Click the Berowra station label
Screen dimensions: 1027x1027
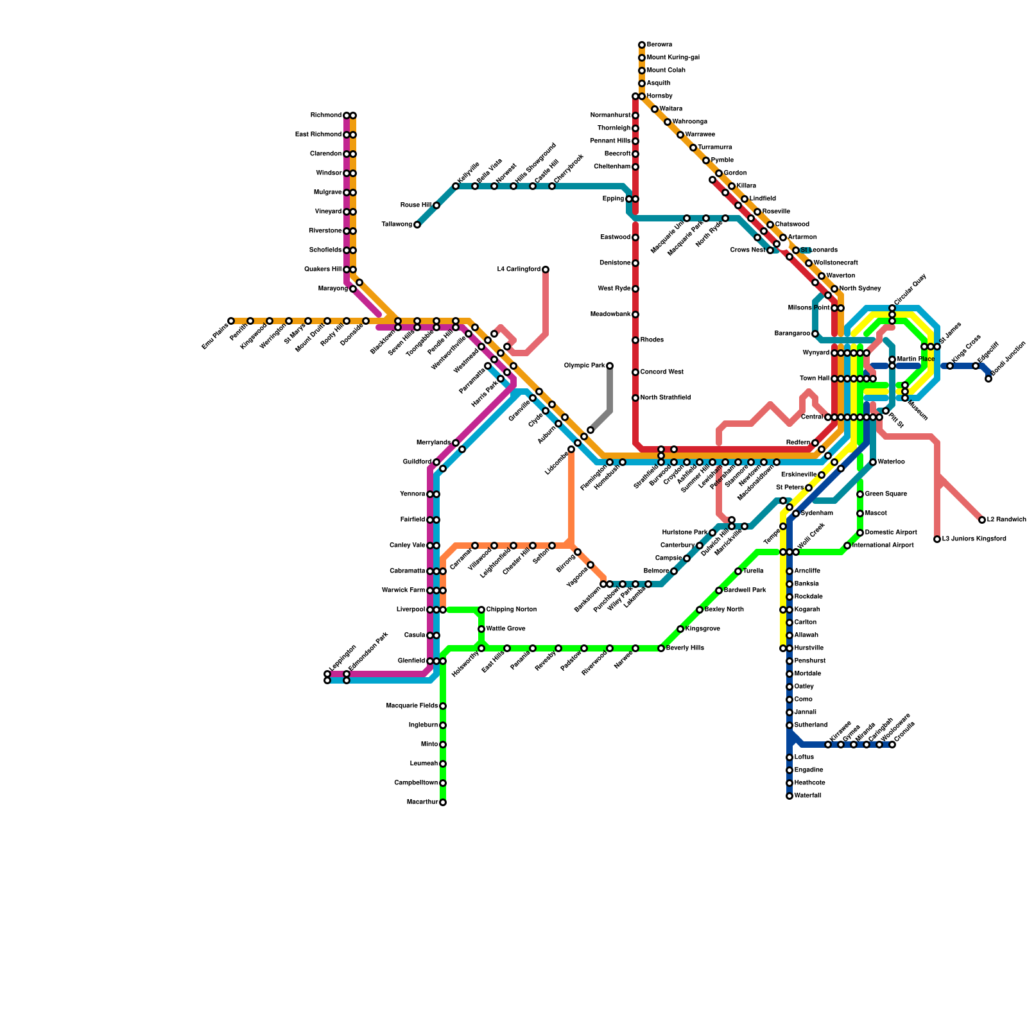click(659, 45)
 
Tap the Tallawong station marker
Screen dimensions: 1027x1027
click(417, 225)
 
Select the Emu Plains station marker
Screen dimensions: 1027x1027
click(231, 321)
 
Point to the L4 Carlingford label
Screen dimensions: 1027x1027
click(519, 270)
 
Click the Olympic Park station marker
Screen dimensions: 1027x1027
click(610, 366)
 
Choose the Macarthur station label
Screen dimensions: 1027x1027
click(422, 802)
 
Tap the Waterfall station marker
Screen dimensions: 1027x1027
click(790, 796)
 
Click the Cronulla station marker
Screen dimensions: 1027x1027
click(892, 745)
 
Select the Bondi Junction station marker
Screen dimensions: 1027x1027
click(988, 379)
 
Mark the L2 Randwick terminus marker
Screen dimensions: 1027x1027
click(982, 520)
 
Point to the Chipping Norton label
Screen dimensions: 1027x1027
click(511, 610)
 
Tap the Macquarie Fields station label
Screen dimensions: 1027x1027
click(412, 706)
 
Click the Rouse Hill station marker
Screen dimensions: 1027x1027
click(436, 205)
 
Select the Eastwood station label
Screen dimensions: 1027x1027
click(615, 237)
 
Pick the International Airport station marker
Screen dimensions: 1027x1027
click(847, 546)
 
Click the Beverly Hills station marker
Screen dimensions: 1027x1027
click(661, 648)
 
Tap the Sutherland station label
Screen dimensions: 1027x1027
click(811, 725)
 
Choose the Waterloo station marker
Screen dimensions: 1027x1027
click(873, 462)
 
